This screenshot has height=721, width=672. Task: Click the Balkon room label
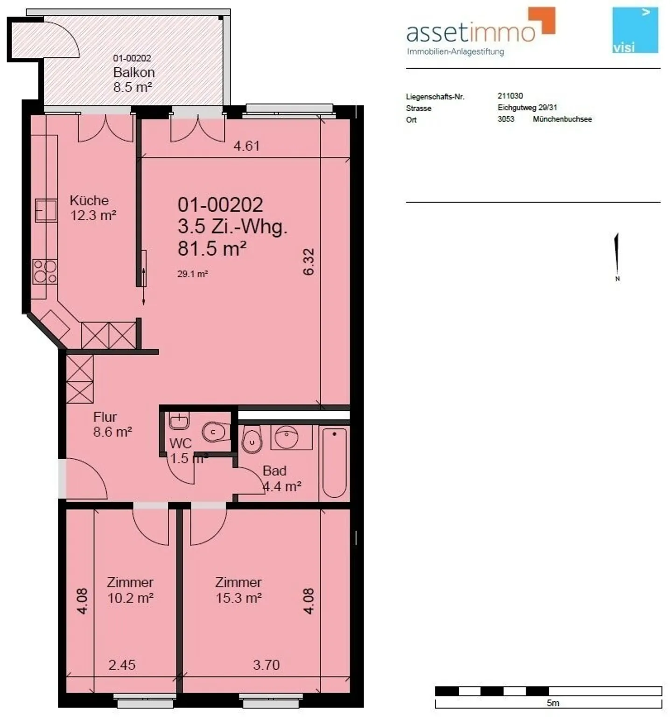pos(134,72)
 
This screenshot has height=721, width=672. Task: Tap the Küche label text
pos(89,200)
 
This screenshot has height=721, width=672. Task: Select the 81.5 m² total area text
pos(212,248)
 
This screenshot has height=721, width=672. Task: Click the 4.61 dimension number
pos(246,146)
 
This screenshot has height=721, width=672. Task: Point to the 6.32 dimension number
pos(309,261)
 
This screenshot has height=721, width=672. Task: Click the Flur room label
pos(105,417)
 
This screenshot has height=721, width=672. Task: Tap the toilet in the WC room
pos(216,432)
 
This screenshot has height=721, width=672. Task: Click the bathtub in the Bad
pos(334,462)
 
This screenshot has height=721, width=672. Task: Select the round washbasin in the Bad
pos(291,436)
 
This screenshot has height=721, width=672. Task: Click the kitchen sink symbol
pos(46,210)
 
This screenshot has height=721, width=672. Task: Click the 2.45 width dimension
pos(122,665)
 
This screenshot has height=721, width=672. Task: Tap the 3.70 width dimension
pos(266,665)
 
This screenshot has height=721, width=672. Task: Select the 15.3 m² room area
pos(238,598)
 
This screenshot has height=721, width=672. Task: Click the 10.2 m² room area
pos(131,598)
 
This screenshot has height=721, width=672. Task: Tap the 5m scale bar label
pos(553,703)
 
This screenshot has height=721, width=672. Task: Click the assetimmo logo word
pos(471,32)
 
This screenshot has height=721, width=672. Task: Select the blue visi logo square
pos(635,30)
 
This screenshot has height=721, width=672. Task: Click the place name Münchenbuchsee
pos(562,119)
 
